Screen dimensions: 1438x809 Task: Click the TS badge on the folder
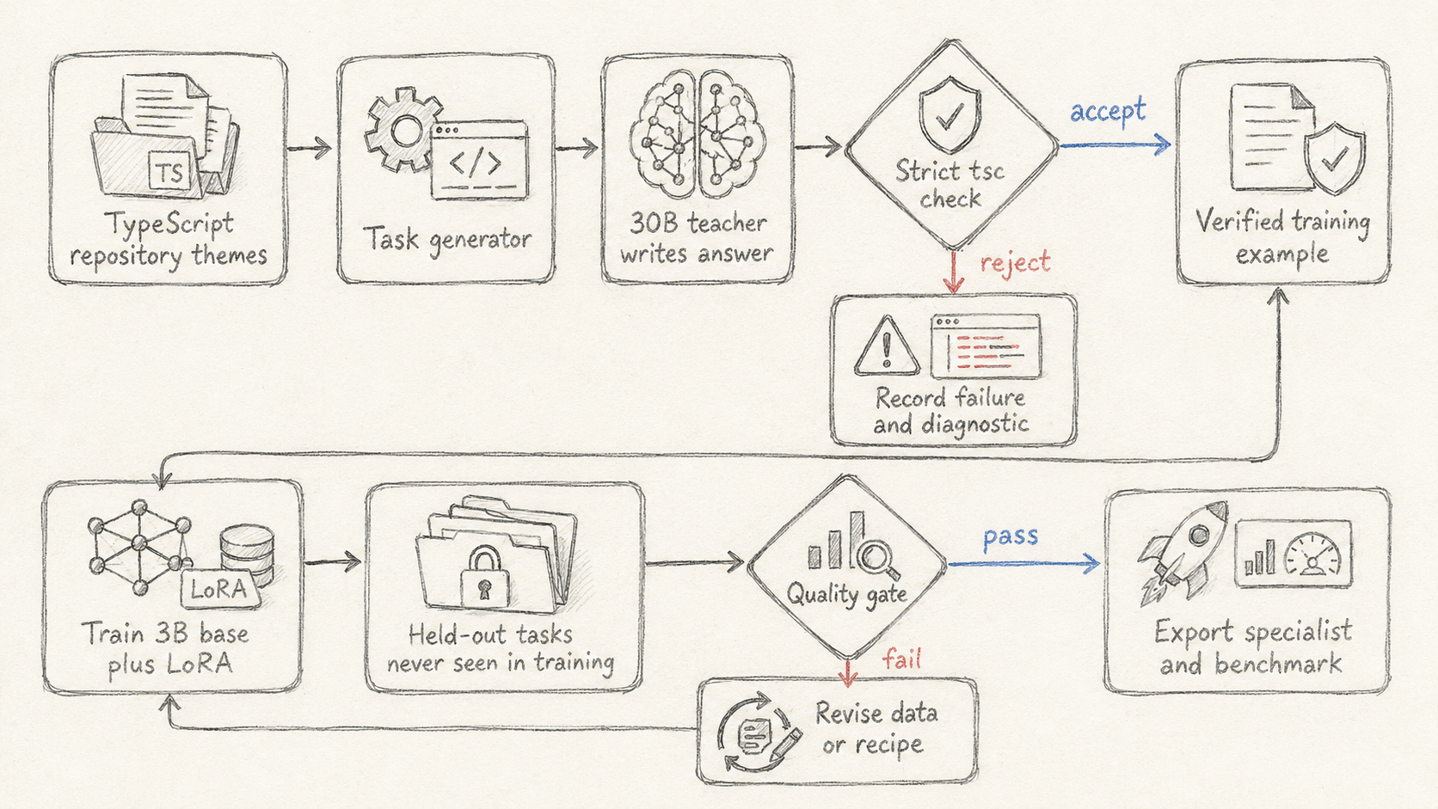pyautogui.click(x=169, y=171)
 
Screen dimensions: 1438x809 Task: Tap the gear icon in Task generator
pyautogui.click(x=403, y=130)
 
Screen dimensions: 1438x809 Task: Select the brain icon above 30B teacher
pyautogui.click(x=697, y=132)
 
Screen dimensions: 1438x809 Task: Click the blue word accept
pyautogui.click(x=1108, y=110)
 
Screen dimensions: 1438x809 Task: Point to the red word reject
pyautogui.click(x=1015, y=262)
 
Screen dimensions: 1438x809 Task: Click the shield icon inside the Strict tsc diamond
pyautogui.click(x=950, y=115)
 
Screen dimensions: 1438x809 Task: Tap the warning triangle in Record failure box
pyautogui.click(x=887, y=346)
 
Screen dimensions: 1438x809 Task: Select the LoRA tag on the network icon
pyautogui.click(x=219, y=589)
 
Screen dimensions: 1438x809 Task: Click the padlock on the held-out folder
pyautogui.click(x=485, y=577)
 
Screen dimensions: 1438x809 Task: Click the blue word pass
pyautogui.click(x=1011, y=536)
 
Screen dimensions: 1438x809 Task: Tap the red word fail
pyautogui.click(x=901, y=659)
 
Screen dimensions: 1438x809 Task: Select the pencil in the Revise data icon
pyautogui.click(x=784, y=745)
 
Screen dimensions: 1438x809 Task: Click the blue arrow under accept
pyautogui.click(x=1115, y=145)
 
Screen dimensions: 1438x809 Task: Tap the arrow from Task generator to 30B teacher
pyautogui.click(x=576, y=149)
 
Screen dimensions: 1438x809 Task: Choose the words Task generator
pyautogui.click(x=447, y=240)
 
